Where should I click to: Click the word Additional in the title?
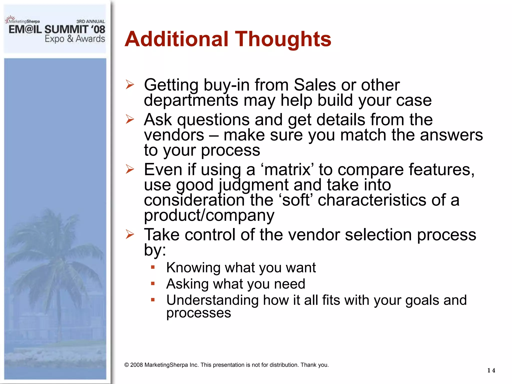tap(176, 39)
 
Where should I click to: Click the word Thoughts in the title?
tap(283, 39)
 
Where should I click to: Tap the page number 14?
tap(491, 370)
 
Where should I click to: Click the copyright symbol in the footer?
tap(126, 365)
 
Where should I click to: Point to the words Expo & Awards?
tap(75, 39)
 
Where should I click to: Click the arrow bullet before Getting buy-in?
tap(130, 84)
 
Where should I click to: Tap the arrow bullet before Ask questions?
tap(130, 119)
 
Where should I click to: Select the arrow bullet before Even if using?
tap(130, 169)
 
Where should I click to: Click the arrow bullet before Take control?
tap(130, 234)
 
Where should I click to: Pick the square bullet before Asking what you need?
tap(153, 283)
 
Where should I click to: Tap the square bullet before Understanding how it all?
tap(153, 300)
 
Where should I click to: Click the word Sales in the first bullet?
tap(314, 85)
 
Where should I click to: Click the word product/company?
tap(209, 215)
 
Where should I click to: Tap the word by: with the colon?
tap(155, 250)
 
